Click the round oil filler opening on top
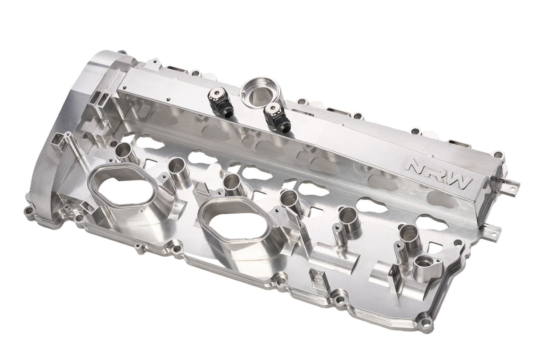tap(258, 94)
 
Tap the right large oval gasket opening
tap(234, 223)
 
